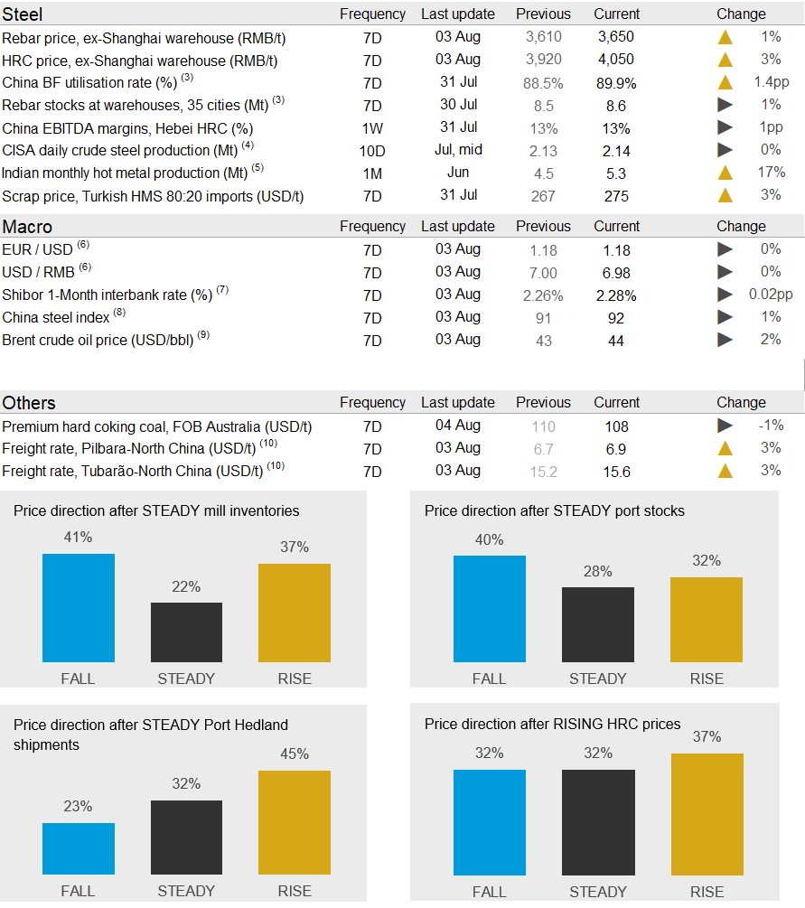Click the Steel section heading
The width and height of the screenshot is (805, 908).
pos(23,14)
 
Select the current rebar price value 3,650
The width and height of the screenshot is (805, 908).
pos(616,37)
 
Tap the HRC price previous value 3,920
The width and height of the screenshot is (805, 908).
pos(543,60)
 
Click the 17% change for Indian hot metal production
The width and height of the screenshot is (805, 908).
pos(772,173)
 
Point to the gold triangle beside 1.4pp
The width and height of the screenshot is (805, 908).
pos(725,82)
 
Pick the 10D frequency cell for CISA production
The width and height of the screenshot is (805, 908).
pos(372,151)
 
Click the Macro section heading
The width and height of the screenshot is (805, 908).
pos(27,227)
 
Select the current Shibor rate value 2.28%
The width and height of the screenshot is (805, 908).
pos(616,295)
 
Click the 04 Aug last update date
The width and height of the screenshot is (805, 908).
pos(458,425)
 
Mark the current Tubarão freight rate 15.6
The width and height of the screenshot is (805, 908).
pos(616,472)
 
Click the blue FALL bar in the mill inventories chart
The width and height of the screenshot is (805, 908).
pos(79,608)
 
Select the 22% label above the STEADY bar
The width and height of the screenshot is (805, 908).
pos(186,587)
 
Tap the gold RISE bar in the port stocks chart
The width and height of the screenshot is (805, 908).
pos(707,620)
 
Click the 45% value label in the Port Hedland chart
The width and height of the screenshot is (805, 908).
pos(295,754)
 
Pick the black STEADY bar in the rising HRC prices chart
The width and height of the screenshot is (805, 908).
pos(598,822)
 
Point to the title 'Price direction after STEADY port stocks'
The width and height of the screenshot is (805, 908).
pos(555,511)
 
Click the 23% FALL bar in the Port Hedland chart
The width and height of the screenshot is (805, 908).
pos(79,849)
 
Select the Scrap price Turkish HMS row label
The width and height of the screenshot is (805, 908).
pos(153,196)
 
